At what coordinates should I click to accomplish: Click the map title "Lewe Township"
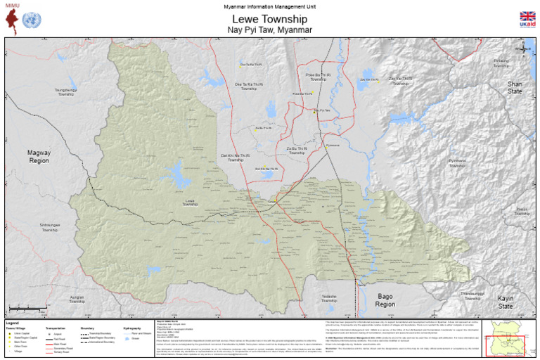pyautogui.click(x=270, y=19)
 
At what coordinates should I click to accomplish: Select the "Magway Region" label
pyautogui.click(x=39, y=156)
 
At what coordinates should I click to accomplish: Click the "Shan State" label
pyautogui.click(x=515, y=87)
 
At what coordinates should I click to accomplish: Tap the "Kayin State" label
pyautogui.click(x=505, y=302)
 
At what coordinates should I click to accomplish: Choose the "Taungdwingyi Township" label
pyautogui.click(x=66, y=92)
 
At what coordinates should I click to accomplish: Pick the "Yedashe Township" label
pyautogui.click(x=329, y=298)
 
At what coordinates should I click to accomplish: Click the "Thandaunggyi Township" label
pyautogui.click(x=472, y=295)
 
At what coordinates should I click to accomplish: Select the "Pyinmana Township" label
pyautogui.click(x=457, y=163)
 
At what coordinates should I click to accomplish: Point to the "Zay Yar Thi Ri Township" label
pyautogui.click(x=401, y=81)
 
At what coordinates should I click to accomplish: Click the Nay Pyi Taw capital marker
pyautogui.click(x=314, y=110)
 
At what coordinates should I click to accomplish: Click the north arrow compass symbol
pyautogui.click(x=524, y=48)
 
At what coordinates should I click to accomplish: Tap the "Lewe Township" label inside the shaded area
pyautogui.click(x=190, y=202)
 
